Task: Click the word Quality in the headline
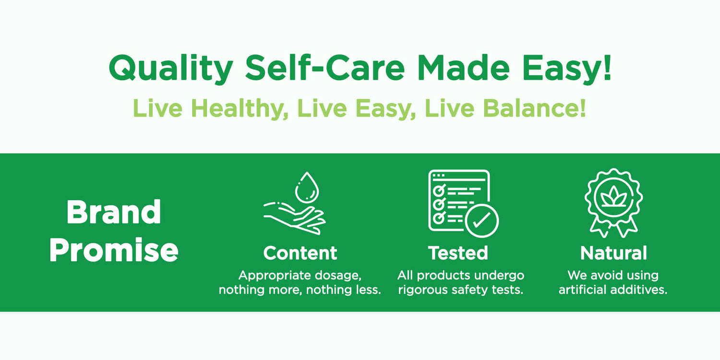click(x=171, y=69)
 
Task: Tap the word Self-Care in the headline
click(x=324, y=68)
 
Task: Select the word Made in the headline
click(x=464, y=68)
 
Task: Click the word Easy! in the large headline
click(x=567, y=69)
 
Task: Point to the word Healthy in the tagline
click(x=240, y=108)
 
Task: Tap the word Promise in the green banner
click(x=114, y=250)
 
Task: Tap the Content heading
click(x=300, y=253)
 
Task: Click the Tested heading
click(x=458, y=253)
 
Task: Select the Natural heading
click(x=613, y=253)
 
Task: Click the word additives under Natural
click(x=638, y=289)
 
